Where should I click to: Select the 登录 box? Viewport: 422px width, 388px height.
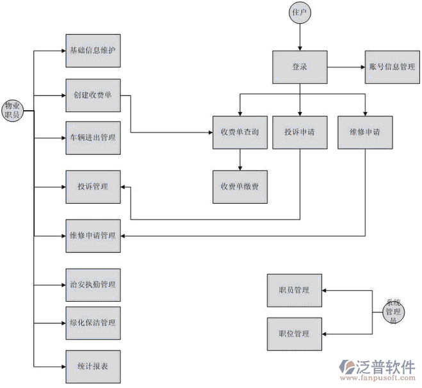(x=300, y=66)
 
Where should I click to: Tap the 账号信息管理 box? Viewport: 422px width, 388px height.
(x=392, y=66)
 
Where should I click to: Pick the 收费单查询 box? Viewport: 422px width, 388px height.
(x=239, y=133)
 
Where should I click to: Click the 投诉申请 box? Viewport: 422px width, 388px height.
(x=300, y=133)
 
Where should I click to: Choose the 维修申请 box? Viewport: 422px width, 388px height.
(x=365, y=133)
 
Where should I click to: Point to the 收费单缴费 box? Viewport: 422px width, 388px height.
(x=239, y=187)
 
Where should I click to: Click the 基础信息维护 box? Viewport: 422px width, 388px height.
(x=93, y=49)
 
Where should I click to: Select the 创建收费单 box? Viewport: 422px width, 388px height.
(x=93, y=95)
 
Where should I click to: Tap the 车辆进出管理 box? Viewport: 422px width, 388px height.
(x=93, y=137)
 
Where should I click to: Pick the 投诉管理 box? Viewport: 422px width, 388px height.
(x=93, y=187)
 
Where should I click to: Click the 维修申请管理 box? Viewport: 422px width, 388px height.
(x=93, y=235)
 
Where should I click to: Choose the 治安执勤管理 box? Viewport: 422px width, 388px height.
(x=93, y=284)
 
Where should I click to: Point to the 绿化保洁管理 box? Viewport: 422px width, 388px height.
(x=93, y=322)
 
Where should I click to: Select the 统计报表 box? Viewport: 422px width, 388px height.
(x=93, y=366)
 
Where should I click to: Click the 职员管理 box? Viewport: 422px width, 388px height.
(x=294, y=290)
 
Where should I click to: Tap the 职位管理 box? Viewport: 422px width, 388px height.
(x=294, y=334)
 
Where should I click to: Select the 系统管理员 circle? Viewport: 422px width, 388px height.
(x=392, y=311)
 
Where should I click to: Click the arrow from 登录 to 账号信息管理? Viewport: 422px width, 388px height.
(x=346, y=66)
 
